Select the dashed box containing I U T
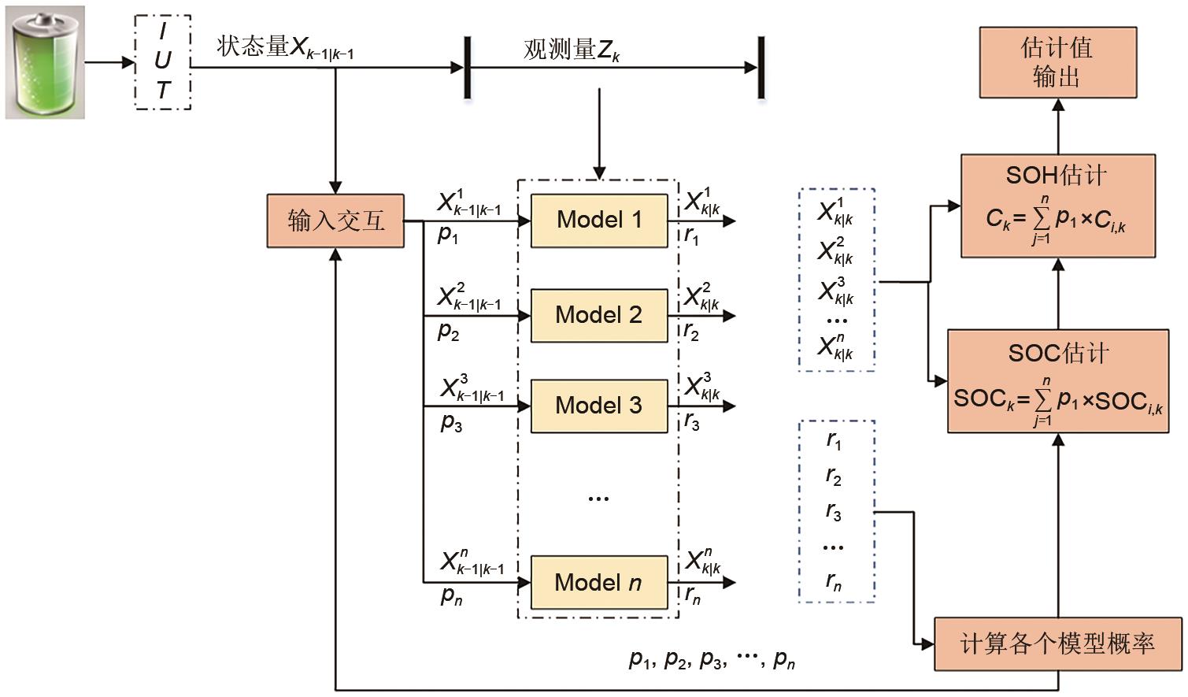tap(162, 62)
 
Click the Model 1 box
tap(599, 221)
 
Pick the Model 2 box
tap(599, 315)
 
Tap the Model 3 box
tap(599, 406)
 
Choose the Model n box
tap(599, 583)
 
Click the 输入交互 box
tap(335, 221)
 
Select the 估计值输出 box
tap(1057, 62)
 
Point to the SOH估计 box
tap(1057, 206)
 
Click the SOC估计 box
tap(1057, 381)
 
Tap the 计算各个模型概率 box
tap(1057, 644)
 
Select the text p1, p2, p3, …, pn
tap(711, 658)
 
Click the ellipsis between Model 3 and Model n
tap(598, 498)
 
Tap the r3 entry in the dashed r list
tap(834, 512)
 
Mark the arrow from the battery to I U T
tap(109, 62)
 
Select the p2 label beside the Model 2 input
tap(448, 332)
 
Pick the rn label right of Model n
tap(692, 596)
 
